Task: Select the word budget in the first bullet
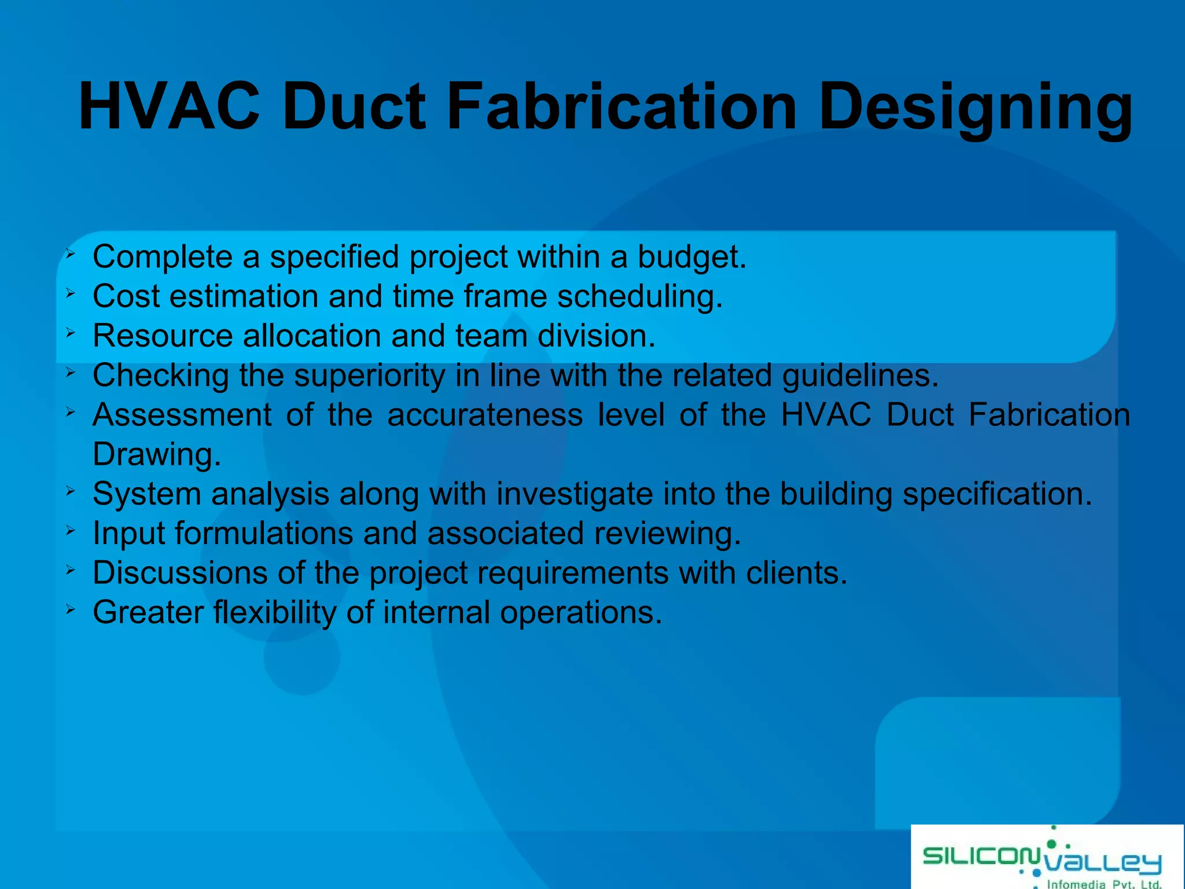click(691, 257)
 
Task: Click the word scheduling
click(639, 296)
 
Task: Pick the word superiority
click(370, 376)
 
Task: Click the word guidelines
click(860, 376)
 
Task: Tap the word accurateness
click(485, 415)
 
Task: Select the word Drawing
click(156, 454)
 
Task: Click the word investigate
click(574, 494)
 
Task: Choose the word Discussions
click(180, 573)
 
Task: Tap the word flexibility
click(274, 612)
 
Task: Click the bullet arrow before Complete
click(70, 253)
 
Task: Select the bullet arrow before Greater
click(70, 609)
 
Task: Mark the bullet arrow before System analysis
click(70, 491)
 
